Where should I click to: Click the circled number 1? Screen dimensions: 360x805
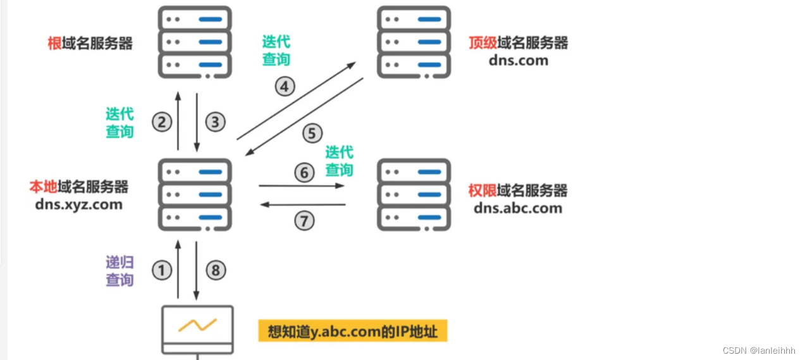(x=162, y=271)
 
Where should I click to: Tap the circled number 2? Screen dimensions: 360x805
(x=162, y=121)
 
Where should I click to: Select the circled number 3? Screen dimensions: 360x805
(x=215, y=121)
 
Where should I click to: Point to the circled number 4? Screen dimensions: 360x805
(x=285, y=86)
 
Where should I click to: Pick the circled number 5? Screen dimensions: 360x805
(x=312, y=133)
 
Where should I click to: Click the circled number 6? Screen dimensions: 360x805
(x=304, y=172)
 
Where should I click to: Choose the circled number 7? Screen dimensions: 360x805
(x=304, y=220)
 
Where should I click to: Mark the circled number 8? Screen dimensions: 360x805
(x=215, y=271)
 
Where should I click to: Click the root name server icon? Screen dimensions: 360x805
(x=195, y=42)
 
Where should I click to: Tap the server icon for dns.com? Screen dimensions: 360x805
(x=414, y=42)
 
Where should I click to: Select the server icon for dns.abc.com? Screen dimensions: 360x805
(x=414, y=194)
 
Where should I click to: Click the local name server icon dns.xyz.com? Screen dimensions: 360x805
(x=195, y=194)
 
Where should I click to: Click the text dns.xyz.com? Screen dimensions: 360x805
(x=80, y=204)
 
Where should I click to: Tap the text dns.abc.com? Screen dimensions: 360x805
(x=517, y=208)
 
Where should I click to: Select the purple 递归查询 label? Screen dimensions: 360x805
(x=120, y=271)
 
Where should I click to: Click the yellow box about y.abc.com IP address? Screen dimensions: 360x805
(x=352, y=330)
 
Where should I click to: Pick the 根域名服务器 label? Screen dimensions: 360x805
(x=90, y=43)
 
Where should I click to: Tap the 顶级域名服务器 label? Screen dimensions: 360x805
(x=518, y=43)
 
